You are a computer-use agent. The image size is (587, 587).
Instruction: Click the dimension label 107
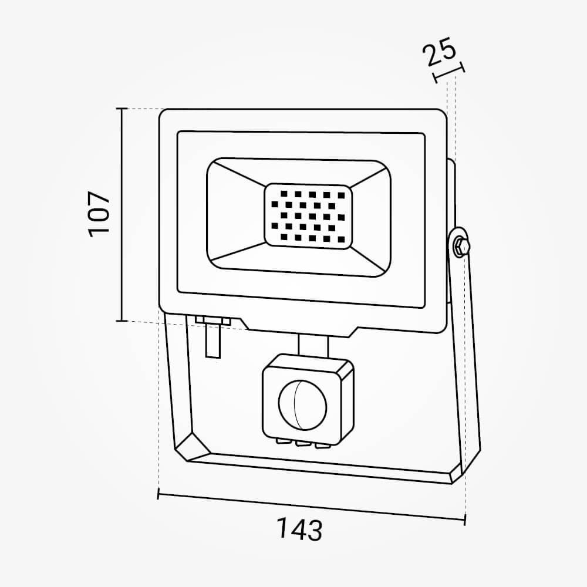tap(100, 214)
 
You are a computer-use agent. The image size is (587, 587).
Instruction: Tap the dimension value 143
tap(299, 529)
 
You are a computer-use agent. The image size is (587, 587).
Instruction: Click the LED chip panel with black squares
tap(308, 217)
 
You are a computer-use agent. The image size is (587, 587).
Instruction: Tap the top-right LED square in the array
tap(341, 195)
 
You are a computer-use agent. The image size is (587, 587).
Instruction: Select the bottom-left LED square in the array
tap(284, 237)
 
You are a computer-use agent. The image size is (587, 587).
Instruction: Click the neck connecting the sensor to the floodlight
tap(313, 345)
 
